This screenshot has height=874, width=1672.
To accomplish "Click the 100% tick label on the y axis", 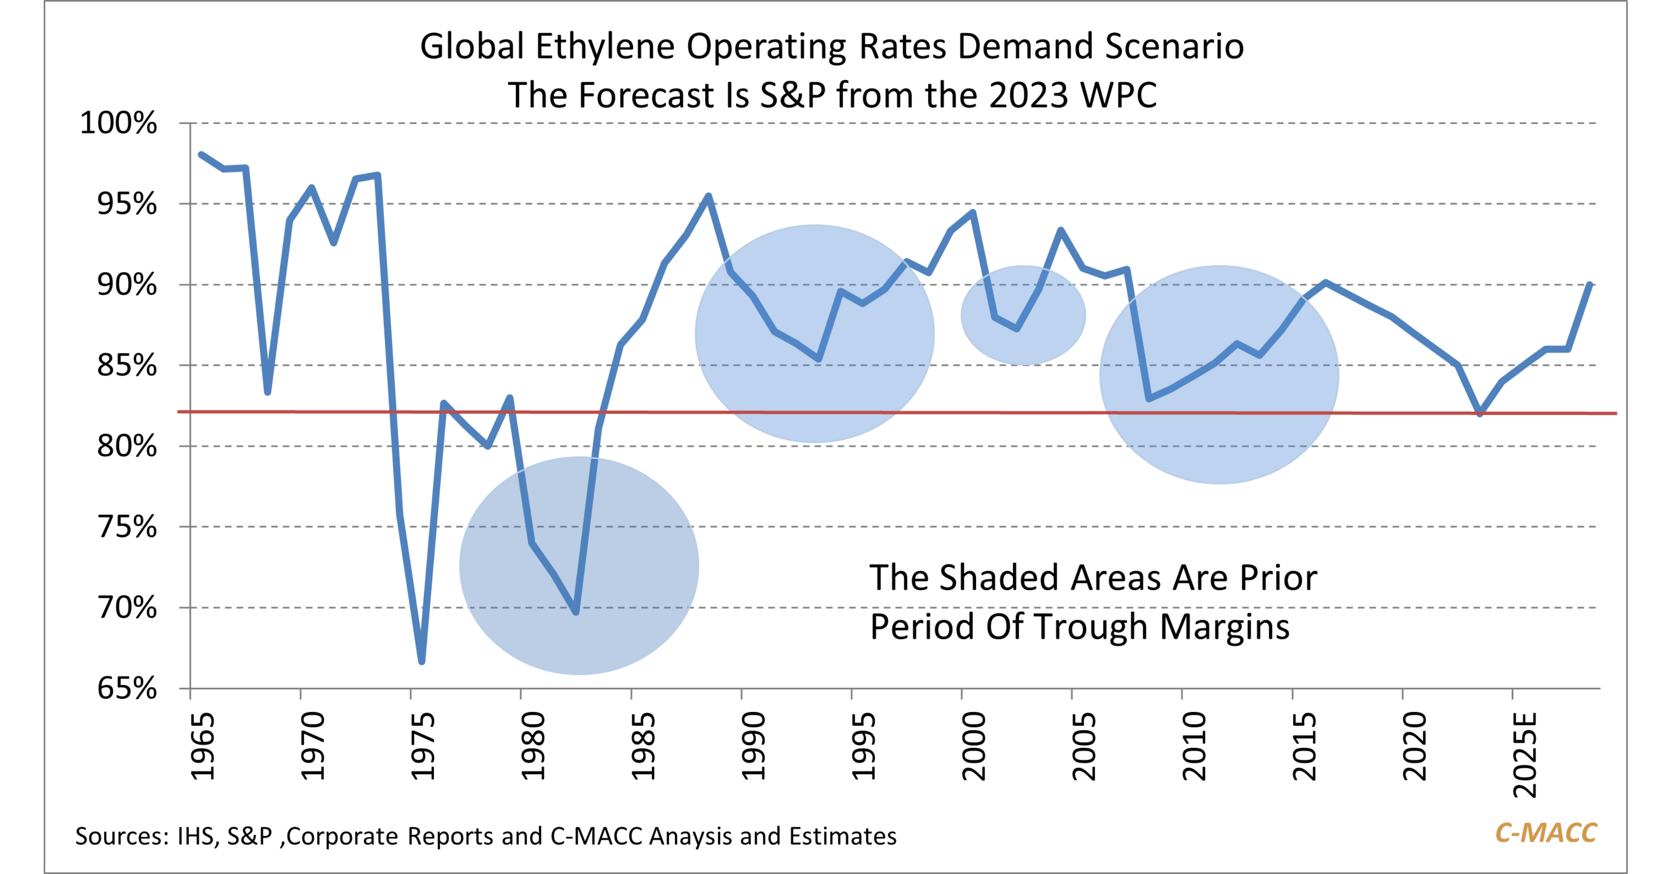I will coord(118,123).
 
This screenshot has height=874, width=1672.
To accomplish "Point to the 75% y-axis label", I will coord(127,526).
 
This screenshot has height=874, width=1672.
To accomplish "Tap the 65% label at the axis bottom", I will coord(127,688).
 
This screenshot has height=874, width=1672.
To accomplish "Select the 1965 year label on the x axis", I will coord(202,747).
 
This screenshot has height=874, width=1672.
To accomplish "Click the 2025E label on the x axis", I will coord(1525,754).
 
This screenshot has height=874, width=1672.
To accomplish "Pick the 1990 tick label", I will coord(753,747).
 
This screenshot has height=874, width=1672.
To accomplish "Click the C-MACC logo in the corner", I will coord(1545,833).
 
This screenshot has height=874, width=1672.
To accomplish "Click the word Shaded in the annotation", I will coord(1001,578).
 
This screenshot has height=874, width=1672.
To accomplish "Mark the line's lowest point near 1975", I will coord(422,662).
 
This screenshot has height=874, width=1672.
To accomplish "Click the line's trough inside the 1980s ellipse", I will coord(576,612).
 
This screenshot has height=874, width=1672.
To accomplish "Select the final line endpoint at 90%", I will coord(1590,284).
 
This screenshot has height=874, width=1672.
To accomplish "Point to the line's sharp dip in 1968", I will coord(268,392).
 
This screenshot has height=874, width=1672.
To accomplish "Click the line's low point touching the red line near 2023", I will coord(1480,414).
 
